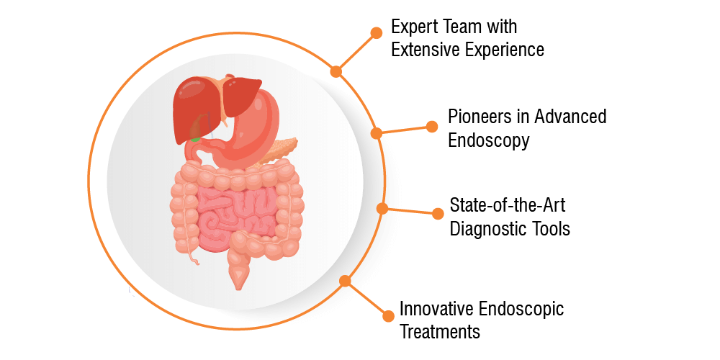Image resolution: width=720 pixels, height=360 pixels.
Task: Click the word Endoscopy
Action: coord(489,140)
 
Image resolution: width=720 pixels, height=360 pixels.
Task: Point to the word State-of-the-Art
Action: coord(508,204)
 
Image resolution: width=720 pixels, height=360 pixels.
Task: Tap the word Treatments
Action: coord(440,331)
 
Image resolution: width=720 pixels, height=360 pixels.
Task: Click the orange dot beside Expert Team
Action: coord(376,32)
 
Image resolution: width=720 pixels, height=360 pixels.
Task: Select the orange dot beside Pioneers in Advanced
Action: coord(431,127)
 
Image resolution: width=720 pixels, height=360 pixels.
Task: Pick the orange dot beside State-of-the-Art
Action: coord(438,213)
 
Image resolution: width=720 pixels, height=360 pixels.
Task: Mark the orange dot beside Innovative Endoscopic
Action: coord(389,316)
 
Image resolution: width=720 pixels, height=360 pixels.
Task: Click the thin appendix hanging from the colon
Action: coord(193,258)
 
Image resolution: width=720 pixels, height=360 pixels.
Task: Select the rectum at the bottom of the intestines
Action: coord(239,270)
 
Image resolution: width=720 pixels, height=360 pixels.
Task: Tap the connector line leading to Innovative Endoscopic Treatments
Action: coord(366,299)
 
